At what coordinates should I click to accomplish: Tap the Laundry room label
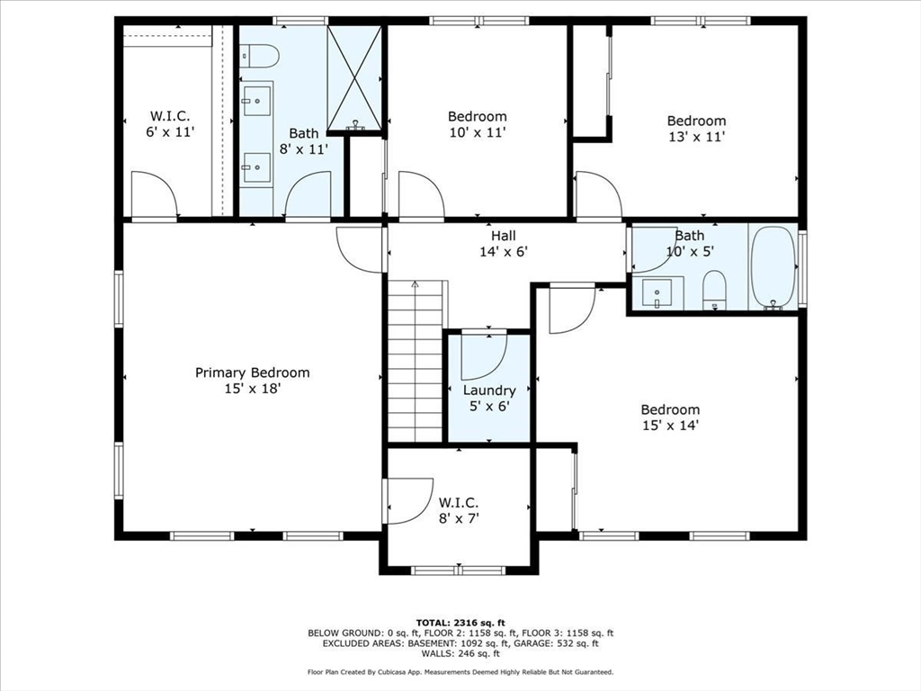coord(489,390)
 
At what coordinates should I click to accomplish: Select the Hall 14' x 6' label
coord(504,244)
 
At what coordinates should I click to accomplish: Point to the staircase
coord(415,362)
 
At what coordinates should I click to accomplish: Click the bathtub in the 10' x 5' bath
coord(773,267)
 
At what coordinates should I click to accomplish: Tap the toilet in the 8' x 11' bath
coord(259,57)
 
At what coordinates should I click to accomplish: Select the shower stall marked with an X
coord(354,77)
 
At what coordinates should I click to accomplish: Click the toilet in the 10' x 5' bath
coord(714,290)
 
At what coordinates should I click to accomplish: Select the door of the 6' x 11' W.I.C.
coord(155,194)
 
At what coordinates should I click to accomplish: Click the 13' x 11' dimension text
coord(696,137)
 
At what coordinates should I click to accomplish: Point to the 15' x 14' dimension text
coord(670,426)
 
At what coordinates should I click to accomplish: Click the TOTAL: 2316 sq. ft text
coord(460,623)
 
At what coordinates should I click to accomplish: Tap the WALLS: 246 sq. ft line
coord(460,653)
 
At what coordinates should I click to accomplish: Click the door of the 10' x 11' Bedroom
coord(422,194)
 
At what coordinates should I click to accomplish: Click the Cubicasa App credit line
coord(460,672)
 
